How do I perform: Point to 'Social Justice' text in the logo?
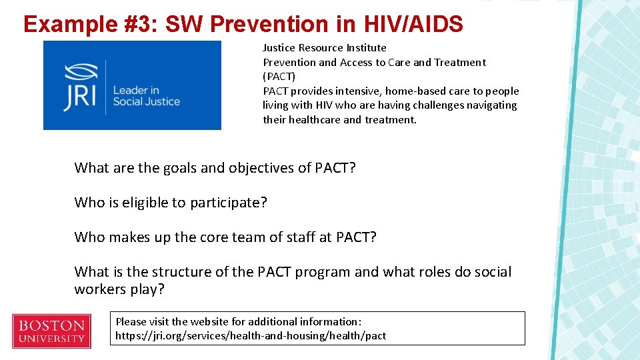coord(147,101)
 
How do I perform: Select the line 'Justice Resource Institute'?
coord(324,47)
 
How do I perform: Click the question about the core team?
coord(225,237)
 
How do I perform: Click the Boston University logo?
coord(51,331)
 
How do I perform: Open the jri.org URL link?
coord(251,335)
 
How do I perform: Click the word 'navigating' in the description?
coord(491,105)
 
